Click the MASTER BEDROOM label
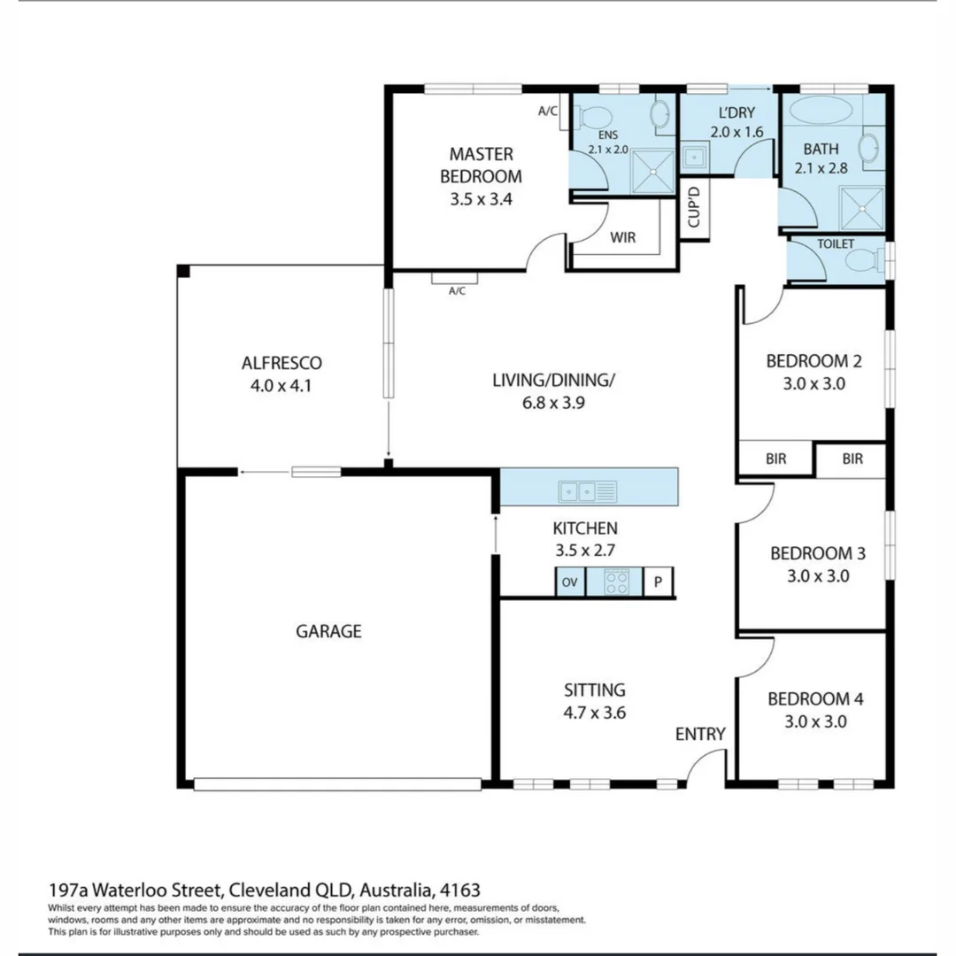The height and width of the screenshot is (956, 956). tap(481, 165)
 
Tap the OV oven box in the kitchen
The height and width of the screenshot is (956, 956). tap(570, 582)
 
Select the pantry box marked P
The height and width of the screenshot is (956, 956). tap(658, 582)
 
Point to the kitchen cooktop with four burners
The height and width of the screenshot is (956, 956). tap(617, 582)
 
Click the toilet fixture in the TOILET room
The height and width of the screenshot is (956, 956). tap(862, 260)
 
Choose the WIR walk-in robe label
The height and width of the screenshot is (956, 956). tap(622, 237)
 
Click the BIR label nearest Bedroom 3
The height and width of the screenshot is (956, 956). tap(852, 459)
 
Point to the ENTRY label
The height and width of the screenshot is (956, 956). tap(700, 734)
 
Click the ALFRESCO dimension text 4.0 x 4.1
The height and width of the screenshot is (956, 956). tap(281, 385)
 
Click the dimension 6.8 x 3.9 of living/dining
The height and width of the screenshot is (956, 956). tap(553, 402)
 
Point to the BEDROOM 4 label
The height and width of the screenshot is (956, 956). tap(814, 699)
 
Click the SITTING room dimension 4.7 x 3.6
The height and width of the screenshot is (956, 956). tap(595, 712)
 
